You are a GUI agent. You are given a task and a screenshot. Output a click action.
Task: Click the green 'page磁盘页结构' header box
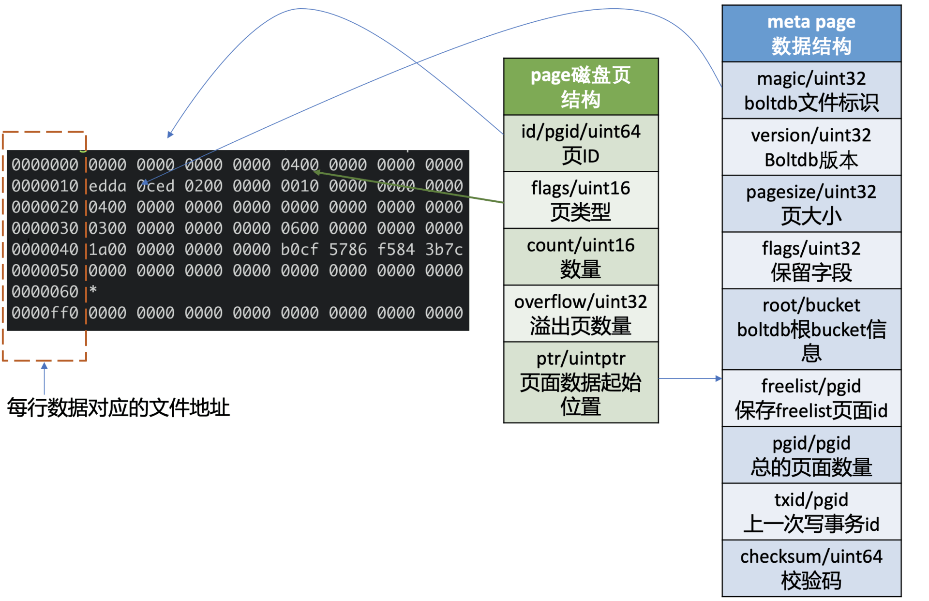point(581,87)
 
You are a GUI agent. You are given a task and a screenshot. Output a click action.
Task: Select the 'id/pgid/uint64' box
point(581,143)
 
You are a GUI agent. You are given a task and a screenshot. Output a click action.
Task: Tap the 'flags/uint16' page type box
point(581,200)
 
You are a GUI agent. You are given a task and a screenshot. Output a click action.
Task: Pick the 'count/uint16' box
point(581,257)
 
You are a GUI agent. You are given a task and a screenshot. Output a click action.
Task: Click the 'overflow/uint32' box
point(581,314)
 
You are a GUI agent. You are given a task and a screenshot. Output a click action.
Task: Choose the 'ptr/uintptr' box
point(581,382)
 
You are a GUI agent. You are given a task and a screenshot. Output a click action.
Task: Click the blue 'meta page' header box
point(811,34)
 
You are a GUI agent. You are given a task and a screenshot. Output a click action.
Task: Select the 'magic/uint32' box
point(811,90)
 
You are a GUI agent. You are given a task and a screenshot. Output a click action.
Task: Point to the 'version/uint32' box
point(811,147)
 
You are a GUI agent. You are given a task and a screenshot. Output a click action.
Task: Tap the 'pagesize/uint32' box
point(811,204)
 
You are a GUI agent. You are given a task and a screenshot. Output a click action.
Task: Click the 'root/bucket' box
point(811,330)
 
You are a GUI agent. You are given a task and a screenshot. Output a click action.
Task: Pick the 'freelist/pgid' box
point(811,398)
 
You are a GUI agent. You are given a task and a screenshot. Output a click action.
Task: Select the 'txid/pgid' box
point(811,511)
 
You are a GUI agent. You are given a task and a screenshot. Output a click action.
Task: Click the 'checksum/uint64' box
point(811,568)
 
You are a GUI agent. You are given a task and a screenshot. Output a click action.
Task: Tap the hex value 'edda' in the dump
point(107,186)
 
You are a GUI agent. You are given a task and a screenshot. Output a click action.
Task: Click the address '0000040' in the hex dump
point(45,250)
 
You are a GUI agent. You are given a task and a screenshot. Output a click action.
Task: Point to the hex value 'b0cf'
point(300,250)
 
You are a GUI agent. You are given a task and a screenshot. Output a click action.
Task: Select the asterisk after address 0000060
point(93,290)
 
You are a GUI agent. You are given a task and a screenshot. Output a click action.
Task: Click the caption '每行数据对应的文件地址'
point(119,407)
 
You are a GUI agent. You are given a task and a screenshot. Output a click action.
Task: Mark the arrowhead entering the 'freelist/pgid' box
point(719,378)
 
